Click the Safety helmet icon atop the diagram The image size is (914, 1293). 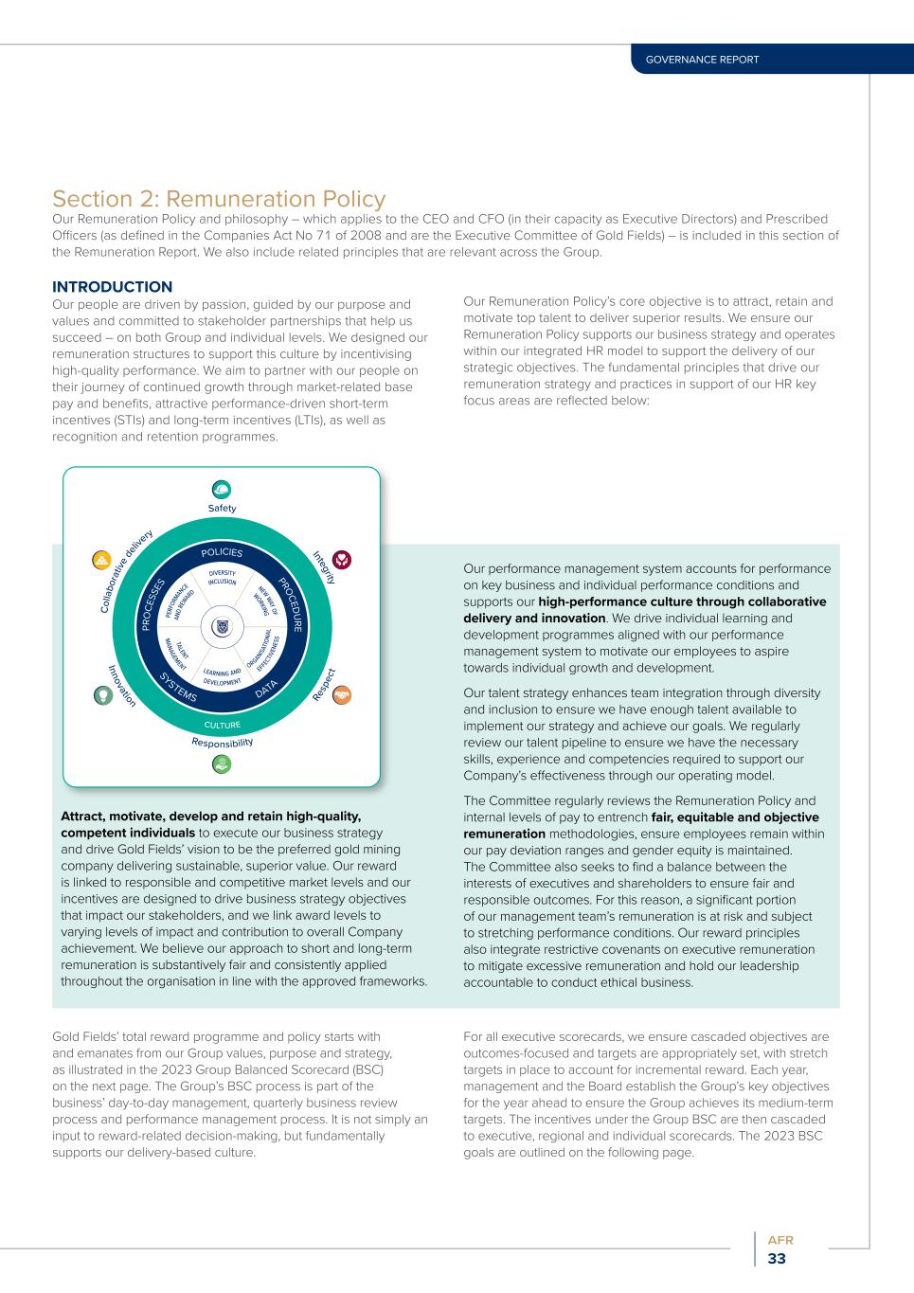click(222, 490)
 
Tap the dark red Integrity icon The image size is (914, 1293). click(342, 560)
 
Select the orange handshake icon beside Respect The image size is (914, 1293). click(342, 694)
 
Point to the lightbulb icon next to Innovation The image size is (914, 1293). click(102, 694)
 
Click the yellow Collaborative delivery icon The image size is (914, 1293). click(101, 560)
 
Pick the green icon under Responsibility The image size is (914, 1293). click(222, 763)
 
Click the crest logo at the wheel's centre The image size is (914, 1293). click(222, 626)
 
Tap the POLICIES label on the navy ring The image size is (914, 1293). click(222, 552)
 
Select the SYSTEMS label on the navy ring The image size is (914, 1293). click(178, 687)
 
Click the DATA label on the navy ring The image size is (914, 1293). click(266, 689)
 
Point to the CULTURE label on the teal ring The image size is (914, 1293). click(222, 726)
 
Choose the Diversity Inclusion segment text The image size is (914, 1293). click(222, 577)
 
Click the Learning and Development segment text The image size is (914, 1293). click(222, 676)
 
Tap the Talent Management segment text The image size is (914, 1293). click(177, 654)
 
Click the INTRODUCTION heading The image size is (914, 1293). click(112, 287)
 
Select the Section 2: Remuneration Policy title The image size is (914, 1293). click(219, 199)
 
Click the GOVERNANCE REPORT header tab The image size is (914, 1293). click(702, 60)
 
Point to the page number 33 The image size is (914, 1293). click(777, 1259)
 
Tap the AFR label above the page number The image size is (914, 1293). click(780, 1240)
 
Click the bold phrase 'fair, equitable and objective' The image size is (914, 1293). click(735, 817)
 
